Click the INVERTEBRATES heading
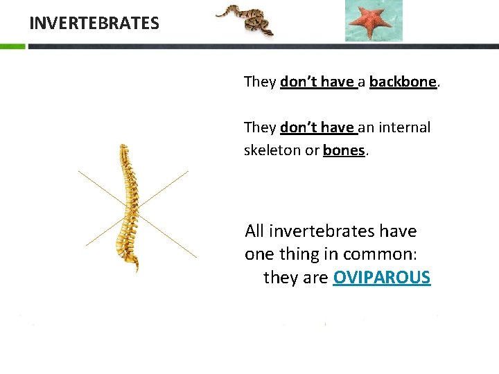(x=94, y=23)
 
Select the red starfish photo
(x=374, y=20)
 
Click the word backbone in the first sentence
(x=403, y=82)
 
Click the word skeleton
(x=272, y=150)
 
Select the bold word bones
(x=344, y=150)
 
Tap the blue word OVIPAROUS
(x=382, y=278)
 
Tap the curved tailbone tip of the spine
(x=136, y=266)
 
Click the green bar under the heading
(x=12, y=46)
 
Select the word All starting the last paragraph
(x=254, y=231)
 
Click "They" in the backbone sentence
(x=260, y=82)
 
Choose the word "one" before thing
(x=260, y=254)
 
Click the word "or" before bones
(x=312, y=150)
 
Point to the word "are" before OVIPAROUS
(x=316, y=278)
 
